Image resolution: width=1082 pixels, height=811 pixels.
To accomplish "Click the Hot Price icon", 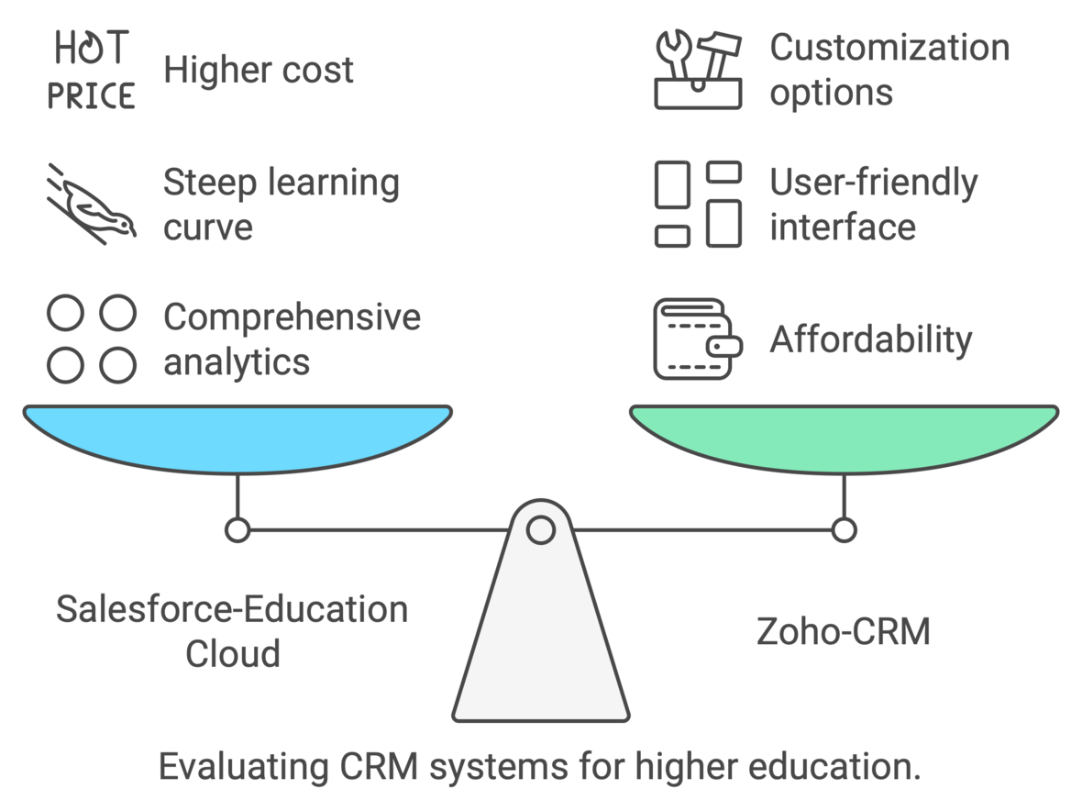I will click(x=91, y=71).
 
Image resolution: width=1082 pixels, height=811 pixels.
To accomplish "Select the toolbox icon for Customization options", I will click(x=698, y=71).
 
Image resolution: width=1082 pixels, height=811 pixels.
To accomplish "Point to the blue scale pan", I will click(x=237, y=436).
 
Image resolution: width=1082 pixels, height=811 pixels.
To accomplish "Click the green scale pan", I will click(x=844, y=436).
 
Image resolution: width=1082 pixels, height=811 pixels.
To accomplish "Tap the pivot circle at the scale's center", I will click(x=540, y=529).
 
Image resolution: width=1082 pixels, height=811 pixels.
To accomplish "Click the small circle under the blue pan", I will click(x=237, y=529).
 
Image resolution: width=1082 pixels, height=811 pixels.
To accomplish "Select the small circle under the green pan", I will click(x=844, y=529).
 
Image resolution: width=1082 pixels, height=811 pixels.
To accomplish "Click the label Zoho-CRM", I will click(x=843, y=631).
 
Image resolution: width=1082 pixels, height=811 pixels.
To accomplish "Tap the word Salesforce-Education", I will click(x=232, y=609).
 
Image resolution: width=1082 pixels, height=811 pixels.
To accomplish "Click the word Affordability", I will click(x=870, y=339).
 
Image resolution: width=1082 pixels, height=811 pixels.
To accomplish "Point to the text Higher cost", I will click(x=259, y=70).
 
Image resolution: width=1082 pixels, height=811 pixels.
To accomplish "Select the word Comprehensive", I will click(x=292, y=317).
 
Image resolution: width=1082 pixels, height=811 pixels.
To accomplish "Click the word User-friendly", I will click(x=873, y=183).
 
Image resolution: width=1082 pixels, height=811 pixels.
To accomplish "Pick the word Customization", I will click(x=889, y=48).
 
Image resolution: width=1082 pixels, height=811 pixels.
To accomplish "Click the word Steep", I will click(x=208, y=183).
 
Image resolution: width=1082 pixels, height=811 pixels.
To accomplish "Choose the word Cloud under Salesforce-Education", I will click(x=232, y=654).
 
